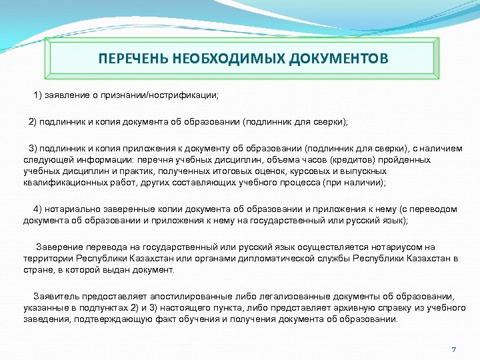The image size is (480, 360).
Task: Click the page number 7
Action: [x=453, y=350]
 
